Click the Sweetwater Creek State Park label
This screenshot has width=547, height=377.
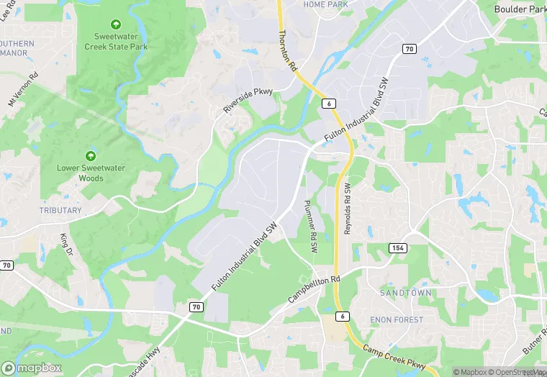click(121, 41)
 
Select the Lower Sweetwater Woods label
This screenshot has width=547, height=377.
click(91, 173)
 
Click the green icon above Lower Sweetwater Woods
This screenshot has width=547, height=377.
click(91, 155)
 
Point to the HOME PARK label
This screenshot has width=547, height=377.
click(325, 4)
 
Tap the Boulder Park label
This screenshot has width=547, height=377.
click(520, 9)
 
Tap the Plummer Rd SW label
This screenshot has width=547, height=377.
click(310, 225)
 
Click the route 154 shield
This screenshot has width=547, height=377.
click(397, 247)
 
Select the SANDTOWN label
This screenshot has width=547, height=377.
click(406, 294)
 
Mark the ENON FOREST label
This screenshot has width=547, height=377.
click(396, 319)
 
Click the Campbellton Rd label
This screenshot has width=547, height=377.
click(314, 286)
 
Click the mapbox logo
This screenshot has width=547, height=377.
click(32, 368)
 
